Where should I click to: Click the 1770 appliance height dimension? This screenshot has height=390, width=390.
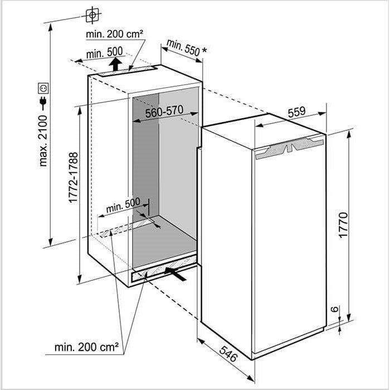(343, 225)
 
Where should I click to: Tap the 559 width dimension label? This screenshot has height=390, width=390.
(297, 112)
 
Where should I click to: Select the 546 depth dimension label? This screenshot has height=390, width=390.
(228, 353)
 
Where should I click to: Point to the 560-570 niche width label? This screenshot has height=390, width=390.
(164, 111)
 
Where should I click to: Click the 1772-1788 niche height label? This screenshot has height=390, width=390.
(74, 178)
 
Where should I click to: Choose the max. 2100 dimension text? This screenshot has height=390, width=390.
(43, 141)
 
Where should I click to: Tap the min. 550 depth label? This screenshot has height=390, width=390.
(183, 47)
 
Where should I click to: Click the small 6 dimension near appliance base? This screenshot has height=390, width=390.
(335, 309)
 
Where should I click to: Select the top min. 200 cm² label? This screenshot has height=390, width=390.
(114, 34)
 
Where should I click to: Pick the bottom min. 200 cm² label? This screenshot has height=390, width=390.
(86, 347)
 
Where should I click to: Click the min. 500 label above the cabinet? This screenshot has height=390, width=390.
(105, 53)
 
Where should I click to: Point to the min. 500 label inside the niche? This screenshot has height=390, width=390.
(123, 206)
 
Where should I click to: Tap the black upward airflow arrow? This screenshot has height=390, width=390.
(115, 64)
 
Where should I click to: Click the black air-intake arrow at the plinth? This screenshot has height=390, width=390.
(175, 274)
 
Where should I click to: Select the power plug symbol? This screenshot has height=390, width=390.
(43, 103)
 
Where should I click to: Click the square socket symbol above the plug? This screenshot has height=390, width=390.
(43, 88)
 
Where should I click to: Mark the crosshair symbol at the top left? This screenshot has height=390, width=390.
(92, 16)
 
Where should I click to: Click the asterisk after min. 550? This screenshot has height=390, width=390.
(204, 51)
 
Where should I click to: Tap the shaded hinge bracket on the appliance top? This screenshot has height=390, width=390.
(290, 148)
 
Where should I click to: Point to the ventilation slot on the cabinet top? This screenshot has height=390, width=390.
(128, 71)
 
